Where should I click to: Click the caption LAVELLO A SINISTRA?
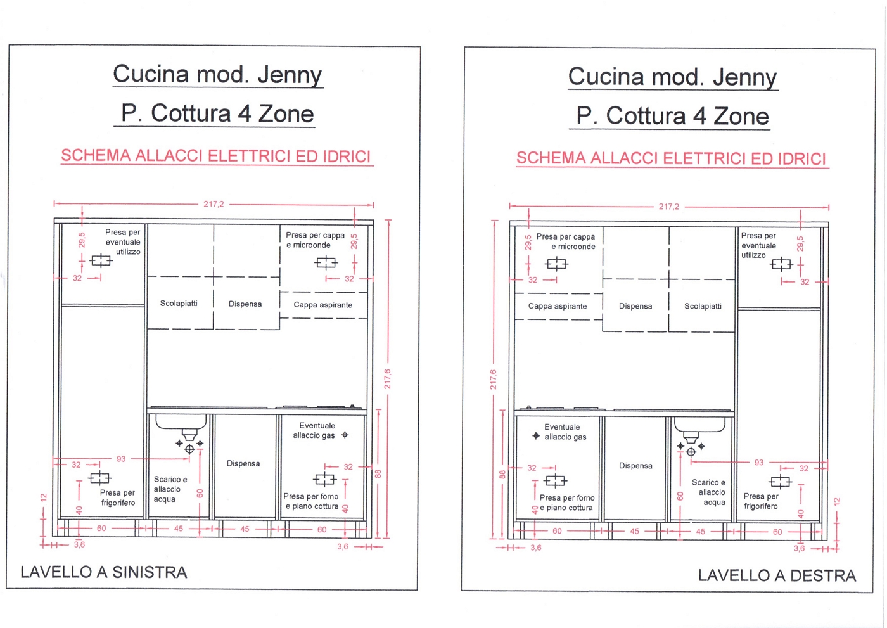click(104, 572)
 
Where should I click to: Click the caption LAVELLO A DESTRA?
click(777, 575)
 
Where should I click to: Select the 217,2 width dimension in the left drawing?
click(214, 204)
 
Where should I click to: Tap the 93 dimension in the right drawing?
click(758, 463)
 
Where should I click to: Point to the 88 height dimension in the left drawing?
click(378, 473)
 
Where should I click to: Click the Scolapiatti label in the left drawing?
click(179, 304)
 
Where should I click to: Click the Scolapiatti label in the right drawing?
click(703, 306)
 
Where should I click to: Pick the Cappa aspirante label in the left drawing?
click(322, 305)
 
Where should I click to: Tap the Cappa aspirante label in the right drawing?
click(558, 306)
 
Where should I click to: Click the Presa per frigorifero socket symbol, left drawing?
click(99, 478)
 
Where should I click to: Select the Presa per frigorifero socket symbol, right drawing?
click(781, 482)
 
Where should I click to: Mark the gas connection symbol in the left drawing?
click(345, 435)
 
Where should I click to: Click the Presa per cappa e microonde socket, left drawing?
click(326, 262)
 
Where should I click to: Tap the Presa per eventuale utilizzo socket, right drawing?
click(781, 264)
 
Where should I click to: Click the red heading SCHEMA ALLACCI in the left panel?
click(216, 157)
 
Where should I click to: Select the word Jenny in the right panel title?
click(744, 77)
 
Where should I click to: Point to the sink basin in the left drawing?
click(181, 423)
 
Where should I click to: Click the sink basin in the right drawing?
click(699, 425)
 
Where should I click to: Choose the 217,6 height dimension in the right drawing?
click(494, 379)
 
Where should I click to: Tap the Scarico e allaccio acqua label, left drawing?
click(170, 489)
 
